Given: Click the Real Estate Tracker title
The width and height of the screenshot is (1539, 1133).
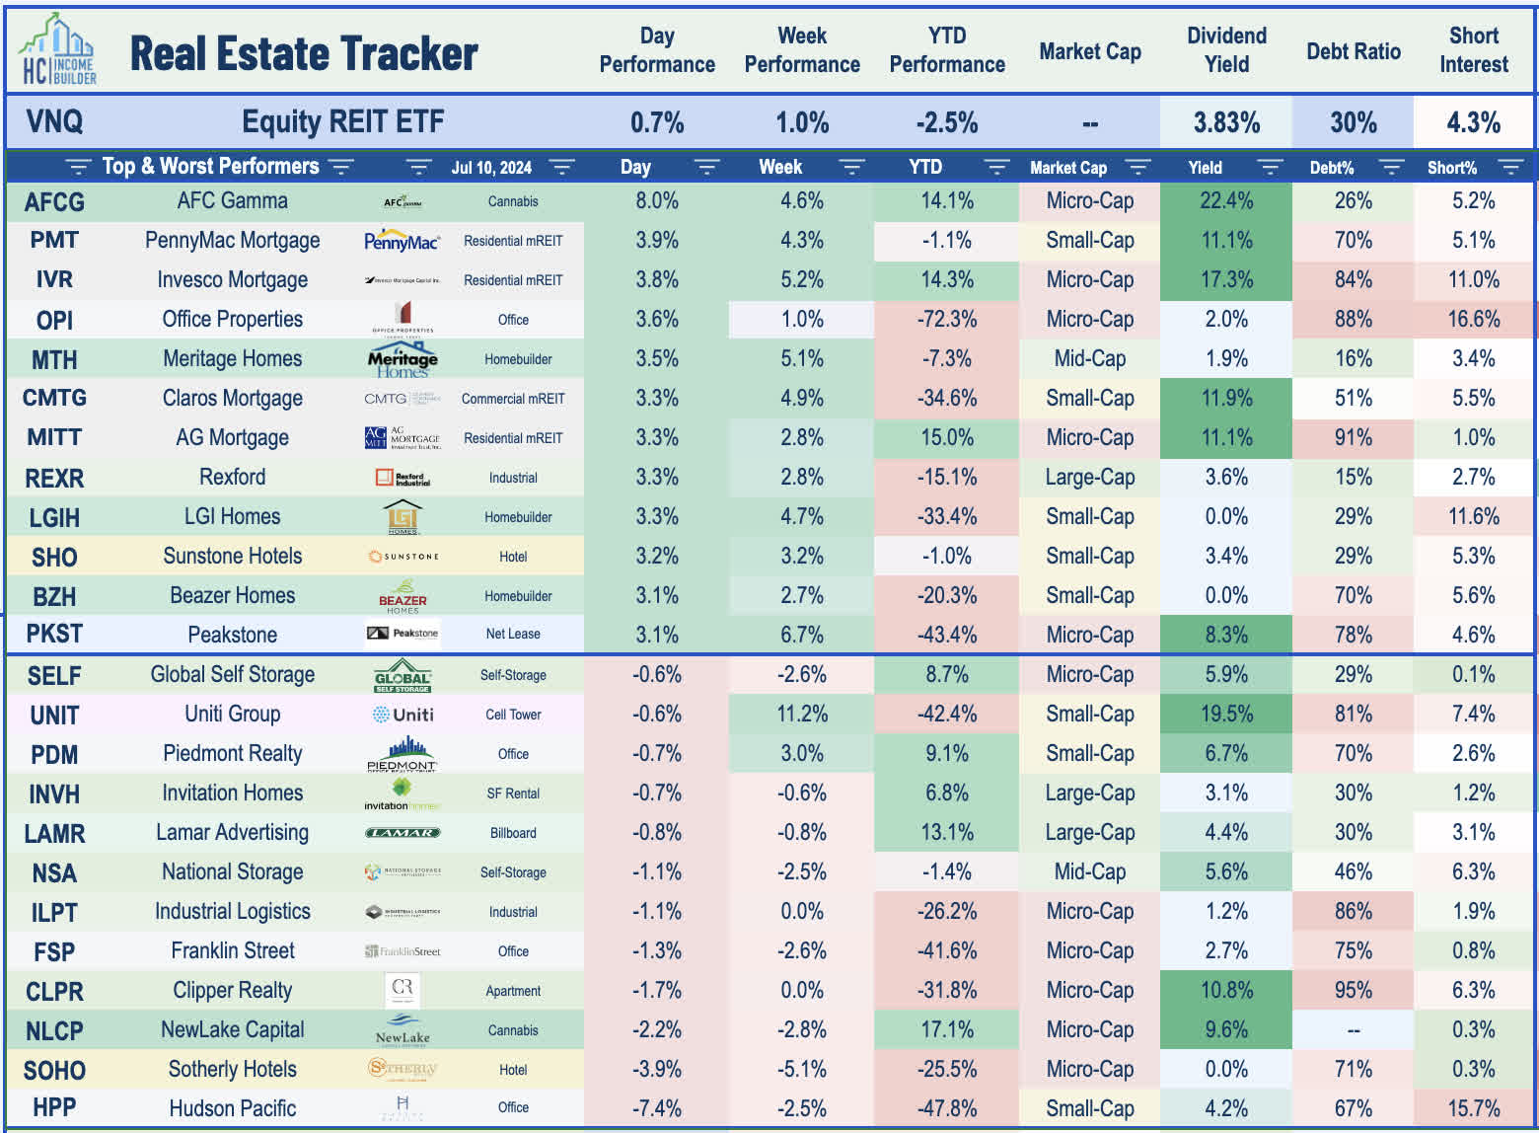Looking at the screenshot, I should click(304, 53).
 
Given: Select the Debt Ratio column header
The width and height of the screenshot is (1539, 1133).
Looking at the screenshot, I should click(1353, 51).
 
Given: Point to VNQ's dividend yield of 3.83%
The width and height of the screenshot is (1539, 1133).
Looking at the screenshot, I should click(1226, 122).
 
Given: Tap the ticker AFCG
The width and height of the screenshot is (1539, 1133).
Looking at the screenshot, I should click(54, 201).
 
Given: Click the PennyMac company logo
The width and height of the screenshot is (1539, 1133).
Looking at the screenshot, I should click(402, 241).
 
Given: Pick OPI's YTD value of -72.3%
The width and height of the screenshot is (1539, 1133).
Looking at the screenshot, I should click(946, 320).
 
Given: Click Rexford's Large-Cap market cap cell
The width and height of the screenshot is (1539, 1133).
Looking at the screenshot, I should click(1089, 478).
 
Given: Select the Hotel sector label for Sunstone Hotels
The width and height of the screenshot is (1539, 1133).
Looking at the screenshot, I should click(513, 557).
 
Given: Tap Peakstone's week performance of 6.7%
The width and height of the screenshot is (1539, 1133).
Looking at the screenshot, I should click(801, 635).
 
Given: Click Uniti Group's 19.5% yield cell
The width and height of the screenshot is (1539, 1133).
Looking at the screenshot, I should click(1226, 714).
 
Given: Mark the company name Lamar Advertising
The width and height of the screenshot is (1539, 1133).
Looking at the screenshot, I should click(232, 832).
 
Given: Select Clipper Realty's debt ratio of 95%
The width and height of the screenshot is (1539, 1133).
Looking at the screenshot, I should click(1353, 990).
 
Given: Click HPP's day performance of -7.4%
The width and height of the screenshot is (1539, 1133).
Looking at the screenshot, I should click(656, 1108).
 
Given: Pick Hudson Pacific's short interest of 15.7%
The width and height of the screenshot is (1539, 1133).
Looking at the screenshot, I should click(1473, 1108).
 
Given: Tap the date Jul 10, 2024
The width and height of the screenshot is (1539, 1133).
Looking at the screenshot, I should click(491, 168).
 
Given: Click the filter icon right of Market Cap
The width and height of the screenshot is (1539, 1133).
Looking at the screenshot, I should click(1137, 167).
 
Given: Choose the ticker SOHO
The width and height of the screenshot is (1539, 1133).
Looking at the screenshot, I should click(54, 1070).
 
